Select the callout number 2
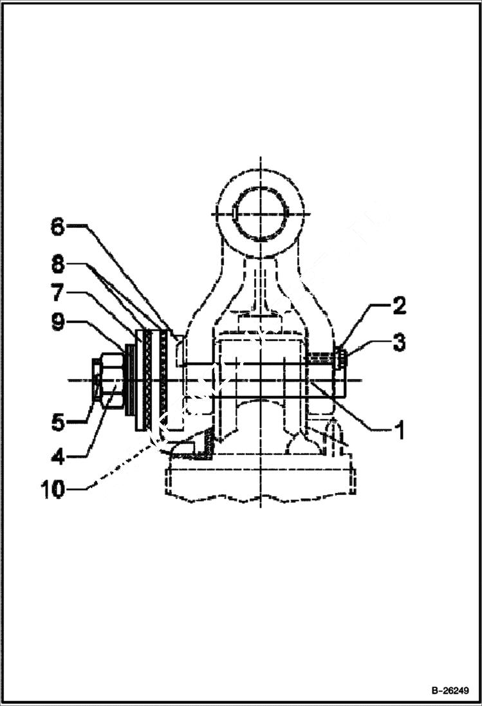point(399,306)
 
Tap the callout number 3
point(399,342)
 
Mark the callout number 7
point(57,293)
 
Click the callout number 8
point(57,264)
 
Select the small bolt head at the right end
point(340,357)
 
